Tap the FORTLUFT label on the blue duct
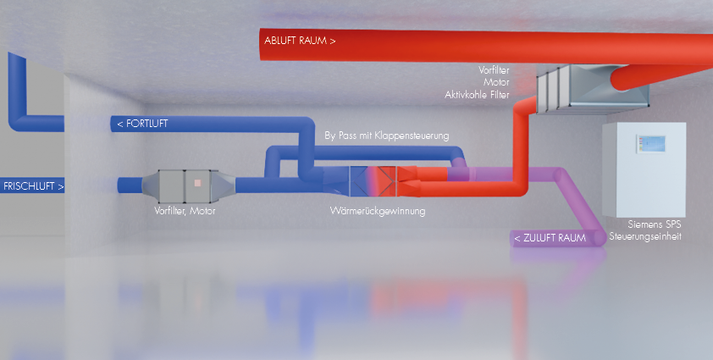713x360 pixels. pyautogui.click(x=142, y=124)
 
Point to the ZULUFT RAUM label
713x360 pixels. pyautogui.click(x=550, y=239)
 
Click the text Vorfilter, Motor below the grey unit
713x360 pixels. pyautogui.click(x=179, y=211)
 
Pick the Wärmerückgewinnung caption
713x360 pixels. pyautogui.click(x=377, y=210)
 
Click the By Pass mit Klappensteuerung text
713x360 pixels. pyautogui.click(x=387, y=136)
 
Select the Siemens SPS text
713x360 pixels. pyautogui.click(x=654, y=225)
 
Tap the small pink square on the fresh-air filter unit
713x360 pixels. pyautogui.click(x=197, y=182)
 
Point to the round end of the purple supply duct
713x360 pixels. pyautogui.click(x=598, y=236)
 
